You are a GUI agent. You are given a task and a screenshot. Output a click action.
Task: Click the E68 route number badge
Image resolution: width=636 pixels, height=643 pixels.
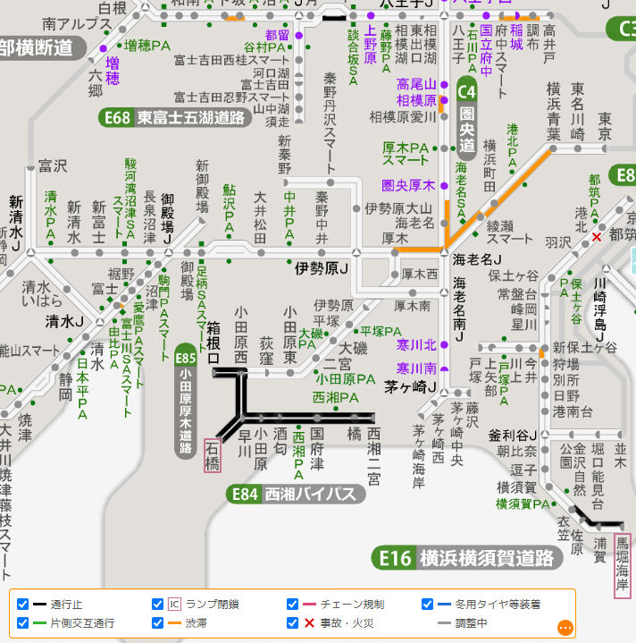(117, 117)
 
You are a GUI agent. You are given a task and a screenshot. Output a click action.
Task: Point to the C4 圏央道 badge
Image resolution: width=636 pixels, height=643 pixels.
(467, 90)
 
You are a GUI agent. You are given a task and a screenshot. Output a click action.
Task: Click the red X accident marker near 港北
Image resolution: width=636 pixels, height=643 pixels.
(597, 237)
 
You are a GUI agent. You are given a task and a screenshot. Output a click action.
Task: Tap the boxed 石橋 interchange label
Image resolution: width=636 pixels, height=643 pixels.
(213, 456)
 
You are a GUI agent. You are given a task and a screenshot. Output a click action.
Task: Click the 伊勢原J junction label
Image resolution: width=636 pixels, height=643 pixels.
(322, 267)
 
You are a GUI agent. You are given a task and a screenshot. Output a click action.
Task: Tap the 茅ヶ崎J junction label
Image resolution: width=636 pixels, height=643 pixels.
(409, 388)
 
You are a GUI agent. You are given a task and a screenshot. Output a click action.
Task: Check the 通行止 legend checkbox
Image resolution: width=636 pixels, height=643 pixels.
(23, 604)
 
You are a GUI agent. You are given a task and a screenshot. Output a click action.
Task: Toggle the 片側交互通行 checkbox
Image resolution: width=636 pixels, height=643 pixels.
(23, 622)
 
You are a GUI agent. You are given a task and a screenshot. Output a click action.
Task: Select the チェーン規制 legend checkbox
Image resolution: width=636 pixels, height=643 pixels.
(293, 604)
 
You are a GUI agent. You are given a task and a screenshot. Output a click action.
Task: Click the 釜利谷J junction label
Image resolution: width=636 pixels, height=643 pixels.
(512, 436)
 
